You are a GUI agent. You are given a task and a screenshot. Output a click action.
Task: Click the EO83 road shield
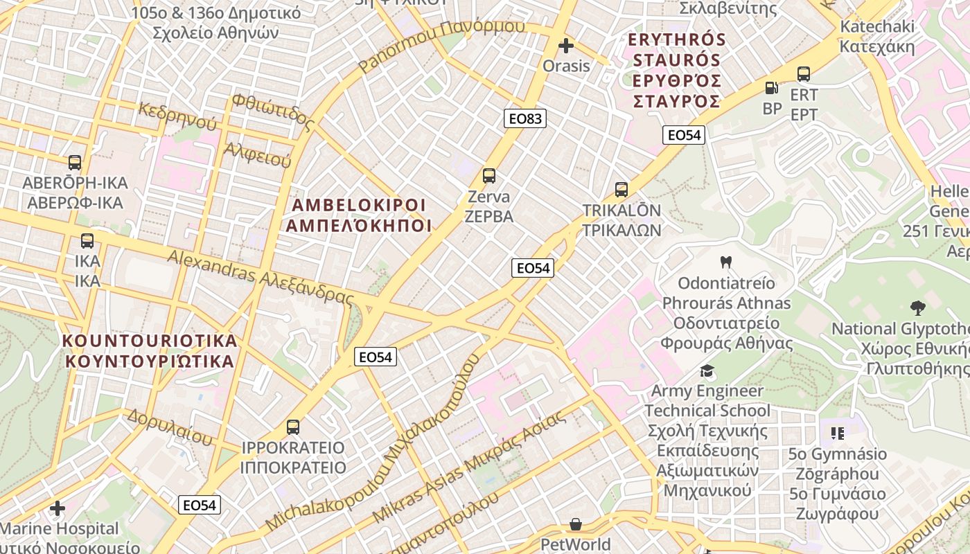[525, 118]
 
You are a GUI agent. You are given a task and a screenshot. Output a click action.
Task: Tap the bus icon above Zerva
[489, 176]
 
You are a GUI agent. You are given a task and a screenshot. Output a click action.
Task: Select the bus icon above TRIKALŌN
[621, 190]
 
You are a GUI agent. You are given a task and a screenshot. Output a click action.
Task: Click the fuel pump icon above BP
[772, 88]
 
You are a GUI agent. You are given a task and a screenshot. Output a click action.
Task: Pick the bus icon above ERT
[804, 74]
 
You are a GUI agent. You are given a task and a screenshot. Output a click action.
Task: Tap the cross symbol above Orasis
[566, 46]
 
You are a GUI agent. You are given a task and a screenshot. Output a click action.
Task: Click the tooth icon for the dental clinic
[726, 262]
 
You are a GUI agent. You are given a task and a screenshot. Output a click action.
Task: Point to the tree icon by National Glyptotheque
[918, 307]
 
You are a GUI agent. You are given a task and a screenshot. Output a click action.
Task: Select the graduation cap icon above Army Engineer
[707, 370]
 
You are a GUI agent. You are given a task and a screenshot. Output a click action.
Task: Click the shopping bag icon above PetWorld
[576, 524]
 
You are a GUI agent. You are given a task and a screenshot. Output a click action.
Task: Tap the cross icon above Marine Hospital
[58, 509]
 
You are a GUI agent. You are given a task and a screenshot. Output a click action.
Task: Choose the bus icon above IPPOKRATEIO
[293, 427]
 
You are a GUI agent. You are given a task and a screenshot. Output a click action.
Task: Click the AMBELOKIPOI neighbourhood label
[359, 215]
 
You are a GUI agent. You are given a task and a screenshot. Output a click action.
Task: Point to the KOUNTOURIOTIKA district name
[150, 351]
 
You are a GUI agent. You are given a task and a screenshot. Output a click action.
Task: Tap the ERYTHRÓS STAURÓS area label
[676, 70]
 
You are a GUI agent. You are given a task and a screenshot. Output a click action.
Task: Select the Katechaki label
[877, 37]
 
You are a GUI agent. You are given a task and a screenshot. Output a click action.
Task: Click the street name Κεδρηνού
[177, 116]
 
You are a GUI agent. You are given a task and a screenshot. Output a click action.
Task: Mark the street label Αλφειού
[257, 154]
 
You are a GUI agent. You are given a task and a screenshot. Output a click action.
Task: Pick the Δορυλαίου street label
[169, 427]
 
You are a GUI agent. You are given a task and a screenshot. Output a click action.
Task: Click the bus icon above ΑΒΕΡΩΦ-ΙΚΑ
[74, 163]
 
